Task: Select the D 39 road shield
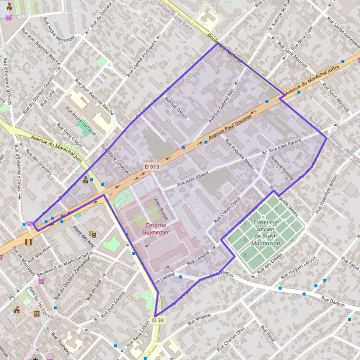pos(158,320)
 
